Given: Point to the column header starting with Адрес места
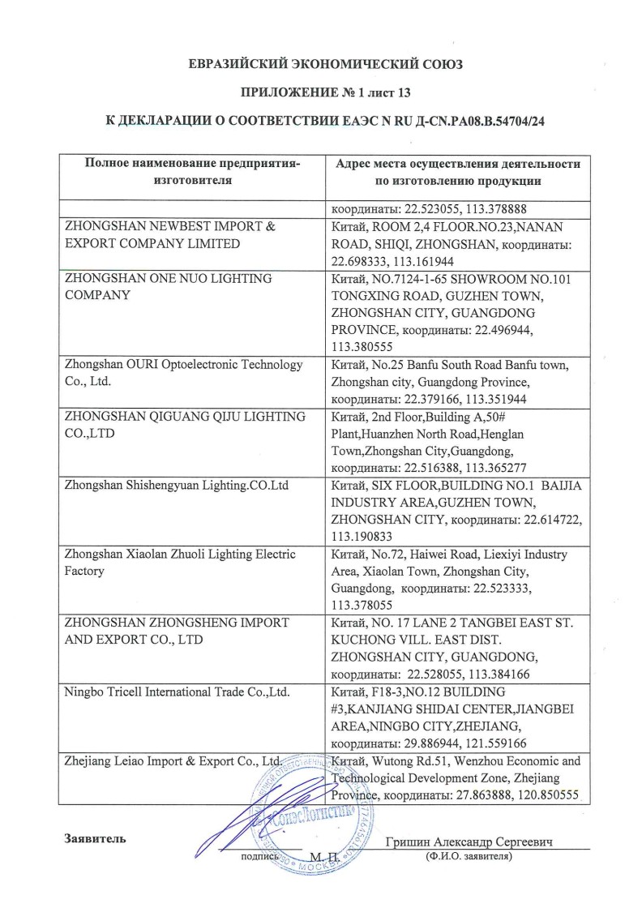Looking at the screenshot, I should (458, 172).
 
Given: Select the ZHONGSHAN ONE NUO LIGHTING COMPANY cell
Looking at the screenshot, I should (168, 287).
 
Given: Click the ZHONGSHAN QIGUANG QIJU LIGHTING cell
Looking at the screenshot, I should (185, 425).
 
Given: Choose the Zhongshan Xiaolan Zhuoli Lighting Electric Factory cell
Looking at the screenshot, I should (182, 563).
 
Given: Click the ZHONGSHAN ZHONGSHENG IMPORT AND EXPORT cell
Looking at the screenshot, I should (177, 631).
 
